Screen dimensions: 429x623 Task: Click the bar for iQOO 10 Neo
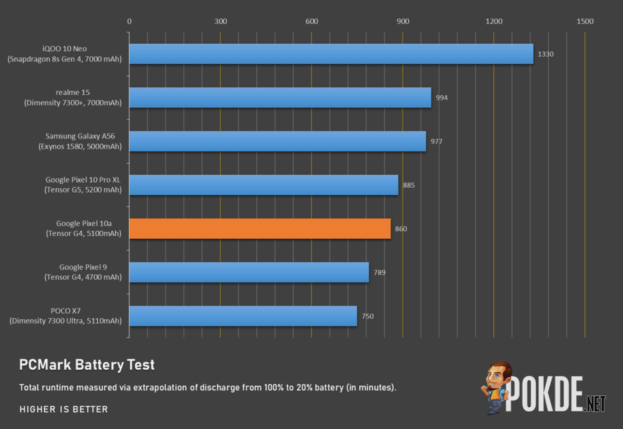[331, 54]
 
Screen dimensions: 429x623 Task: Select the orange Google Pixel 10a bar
[260, 228]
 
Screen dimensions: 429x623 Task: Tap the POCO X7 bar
[243, 316]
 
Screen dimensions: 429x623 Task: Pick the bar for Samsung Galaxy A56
[277, 141]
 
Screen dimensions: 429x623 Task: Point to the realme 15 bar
[280, 97]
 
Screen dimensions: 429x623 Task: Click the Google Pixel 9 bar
[249, 272]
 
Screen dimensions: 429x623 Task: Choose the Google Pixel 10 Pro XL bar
[264, 185]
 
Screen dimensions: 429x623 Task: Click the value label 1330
[546, 54]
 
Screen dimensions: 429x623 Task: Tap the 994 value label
[442, 98]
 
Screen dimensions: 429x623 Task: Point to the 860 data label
[401, 229]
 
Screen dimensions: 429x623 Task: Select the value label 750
[368, 316]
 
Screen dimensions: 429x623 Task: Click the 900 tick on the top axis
[403, 22]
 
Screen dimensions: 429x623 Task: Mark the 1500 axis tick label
[585, 22]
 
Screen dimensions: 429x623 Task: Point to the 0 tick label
[129, 22]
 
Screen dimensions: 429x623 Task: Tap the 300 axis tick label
[221, 22]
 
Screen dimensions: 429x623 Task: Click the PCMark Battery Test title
[87, 365]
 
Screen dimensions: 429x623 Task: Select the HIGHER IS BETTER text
[64, 410]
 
